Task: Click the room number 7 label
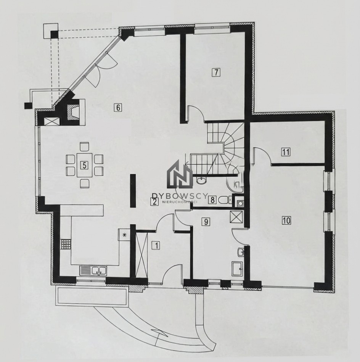(x=216, y=72)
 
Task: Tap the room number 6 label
(x=118, y=108)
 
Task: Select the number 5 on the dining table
(x=84, y=165)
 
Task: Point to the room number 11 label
(x=286, y=152)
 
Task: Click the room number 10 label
(x=286, y=220)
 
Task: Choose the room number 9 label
(x=206, y=222)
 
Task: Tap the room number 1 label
(x=156, y=245)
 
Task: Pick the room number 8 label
(x=212, y=200)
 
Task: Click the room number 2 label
(x=154, y=202)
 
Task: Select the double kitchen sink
(x=93, y=270)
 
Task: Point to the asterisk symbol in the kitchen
(x=125, y=235)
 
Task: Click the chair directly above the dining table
(x=84, y=147)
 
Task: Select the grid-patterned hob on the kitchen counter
(x=66, y=244)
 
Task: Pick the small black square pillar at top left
(x=55, y=35)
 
